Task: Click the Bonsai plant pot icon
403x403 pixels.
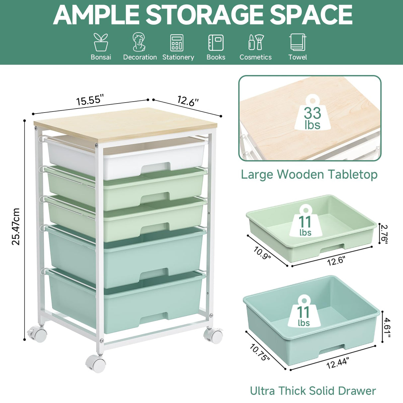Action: [101, 42]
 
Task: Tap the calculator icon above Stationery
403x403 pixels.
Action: [177, 43]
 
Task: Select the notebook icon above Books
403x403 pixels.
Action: [216, 42]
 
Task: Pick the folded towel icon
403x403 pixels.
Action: [297, 42]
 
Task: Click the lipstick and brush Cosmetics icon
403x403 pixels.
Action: [256, 42]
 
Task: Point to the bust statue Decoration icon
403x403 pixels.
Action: [139, 42]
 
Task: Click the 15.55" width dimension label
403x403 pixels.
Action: [90, 100]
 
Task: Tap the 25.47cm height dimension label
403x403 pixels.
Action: [16, 226]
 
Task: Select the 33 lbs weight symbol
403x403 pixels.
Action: [312, 117]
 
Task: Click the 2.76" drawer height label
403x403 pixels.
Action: [384, 234]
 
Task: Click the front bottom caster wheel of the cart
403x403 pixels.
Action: [96, 364]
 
